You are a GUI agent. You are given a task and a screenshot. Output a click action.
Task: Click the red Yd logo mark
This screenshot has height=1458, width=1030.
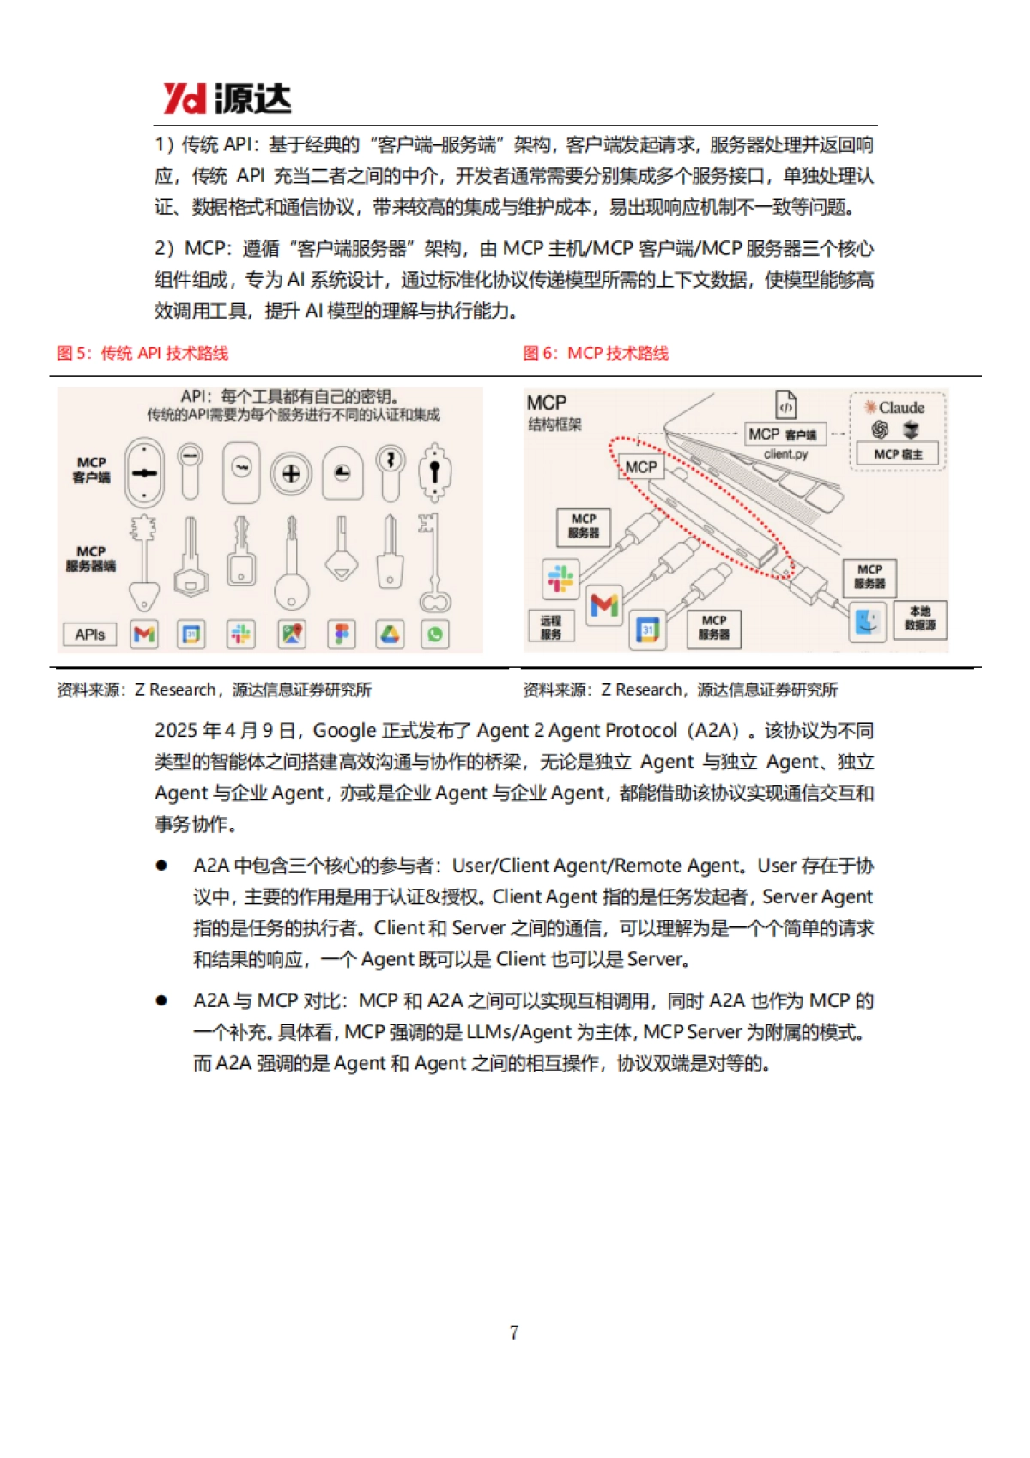184,100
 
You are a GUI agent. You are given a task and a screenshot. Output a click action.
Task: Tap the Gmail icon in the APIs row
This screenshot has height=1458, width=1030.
144,635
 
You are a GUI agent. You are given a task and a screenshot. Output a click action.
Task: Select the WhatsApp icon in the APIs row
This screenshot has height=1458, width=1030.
435,635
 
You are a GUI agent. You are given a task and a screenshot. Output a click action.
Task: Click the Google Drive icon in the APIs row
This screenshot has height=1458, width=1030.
391,635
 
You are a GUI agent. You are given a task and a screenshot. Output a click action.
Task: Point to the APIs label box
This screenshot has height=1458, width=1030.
90,635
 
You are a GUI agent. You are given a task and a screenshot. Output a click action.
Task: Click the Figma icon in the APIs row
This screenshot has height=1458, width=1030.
342,635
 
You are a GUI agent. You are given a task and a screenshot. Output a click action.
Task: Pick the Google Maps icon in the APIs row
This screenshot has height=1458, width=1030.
292,635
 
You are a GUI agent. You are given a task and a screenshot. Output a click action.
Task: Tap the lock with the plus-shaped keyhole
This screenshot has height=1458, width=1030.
291,473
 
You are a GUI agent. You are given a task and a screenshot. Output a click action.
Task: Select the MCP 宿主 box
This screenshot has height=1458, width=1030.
898,454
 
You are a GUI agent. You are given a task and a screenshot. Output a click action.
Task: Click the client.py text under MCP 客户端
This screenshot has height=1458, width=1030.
785,454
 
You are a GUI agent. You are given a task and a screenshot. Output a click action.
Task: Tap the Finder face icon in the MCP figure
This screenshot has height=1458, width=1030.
867,621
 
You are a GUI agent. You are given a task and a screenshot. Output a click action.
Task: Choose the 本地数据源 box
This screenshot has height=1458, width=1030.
920,619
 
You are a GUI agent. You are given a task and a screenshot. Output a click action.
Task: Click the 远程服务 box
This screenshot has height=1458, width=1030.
550,627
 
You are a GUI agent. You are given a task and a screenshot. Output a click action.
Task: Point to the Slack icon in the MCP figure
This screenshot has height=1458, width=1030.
560,578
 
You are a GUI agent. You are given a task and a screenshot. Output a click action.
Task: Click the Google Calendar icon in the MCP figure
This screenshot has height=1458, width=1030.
648,630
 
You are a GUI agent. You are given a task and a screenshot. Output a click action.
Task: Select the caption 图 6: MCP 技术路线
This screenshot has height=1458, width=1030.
596,354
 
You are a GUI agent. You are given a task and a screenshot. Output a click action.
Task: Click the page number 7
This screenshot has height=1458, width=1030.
514,1332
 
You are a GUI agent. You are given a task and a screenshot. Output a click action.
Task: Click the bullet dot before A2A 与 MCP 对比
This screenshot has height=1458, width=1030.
161,1000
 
